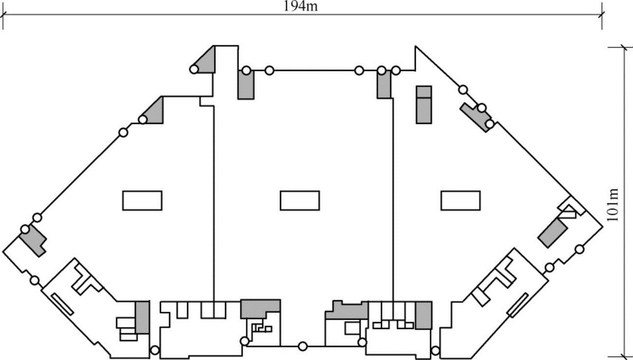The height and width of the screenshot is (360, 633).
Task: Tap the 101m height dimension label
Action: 614,205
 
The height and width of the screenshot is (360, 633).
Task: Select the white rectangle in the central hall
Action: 299,201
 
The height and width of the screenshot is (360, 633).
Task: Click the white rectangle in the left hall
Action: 142,201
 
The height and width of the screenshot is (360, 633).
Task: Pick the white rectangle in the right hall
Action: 460,201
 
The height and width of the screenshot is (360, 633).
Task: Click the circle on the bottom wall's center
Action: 302,346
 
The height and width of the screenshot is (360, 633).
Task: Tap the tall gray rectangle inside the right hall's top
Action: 424,104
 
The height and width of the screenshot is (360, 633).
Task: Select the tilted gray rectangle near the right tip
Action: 552,232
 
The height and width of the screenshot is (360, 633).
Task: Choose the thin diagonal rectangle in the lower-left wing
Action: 62,304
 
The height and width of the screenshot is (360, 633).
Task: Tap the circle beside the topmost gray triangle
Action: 194,69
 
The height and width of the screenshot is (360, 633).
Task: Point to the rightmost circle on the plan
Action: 580,249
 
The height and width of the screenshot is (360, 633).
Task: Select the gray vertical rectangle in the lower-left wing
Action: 142,317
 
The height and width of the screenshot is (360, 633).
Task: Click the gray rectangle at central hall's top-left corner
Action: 246,85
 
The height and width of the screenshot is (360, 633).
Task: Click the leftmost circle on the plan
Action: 25,229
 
